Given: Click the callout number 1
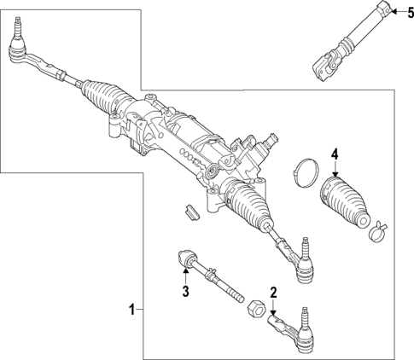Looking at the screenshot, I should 131,308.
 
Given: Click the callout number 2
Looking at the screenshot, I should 273,293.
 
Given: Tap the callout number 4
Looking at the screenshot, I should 335,154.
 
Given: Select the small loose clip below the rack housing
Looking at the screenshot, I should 192,210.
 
